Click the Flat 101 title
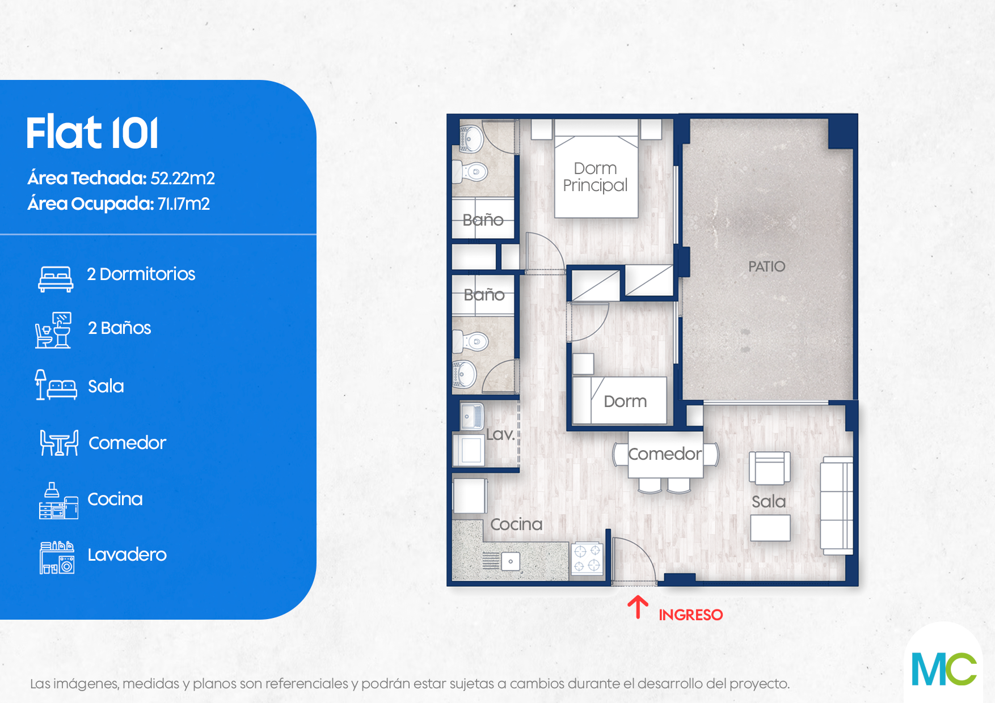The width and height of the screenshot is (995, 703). click(92, 133)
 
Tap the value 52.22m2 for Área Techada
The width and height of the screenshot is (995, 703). click(183, 178)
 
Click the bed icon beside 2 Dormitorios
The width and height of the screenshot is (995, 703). click(56, 279)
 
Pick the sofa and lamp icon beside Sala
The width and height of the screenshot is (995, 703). click(56, 385)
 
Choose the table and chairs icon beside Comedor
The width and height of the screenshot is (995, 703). click(59, 443)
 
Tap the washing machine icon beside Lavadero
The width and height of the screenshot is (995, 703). click(57, 557)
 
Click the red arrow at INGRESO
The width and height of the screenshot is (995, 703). click(638, 607)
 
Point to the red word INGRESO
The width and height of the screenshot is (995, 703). click(690, 615)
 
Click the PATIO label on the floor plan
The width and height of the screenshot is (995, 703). click(766, 266)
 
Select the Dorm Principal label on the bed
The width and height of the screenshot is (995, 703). click(595, 177)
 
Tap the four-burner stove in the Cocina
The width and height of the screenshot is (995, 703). click(587, 558)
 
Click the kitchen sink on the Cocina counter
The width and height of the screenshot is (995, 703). click(511, 561)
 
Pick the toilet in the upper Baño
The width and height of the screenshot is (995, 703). click(470, 171)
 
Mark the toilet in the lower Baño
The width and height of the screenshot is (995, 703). click(470, 341)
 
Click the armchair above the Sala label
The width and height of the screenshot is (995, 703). click(770, 468)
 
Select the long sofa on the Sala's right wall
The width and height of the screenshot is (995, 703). click(837, 505)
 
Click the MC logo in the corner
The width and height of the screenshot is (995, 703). click(944, 669)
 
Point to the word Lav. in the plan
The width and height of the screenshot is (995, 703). click(500, 434)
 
